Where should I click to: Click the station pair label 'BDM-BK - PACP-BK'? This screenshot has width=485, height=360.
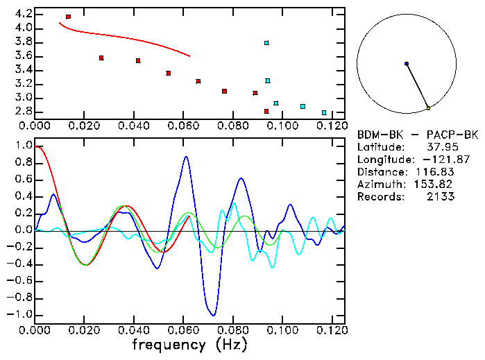tap(411, 135)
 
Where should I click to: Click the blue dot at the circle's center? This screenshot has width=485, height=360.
tap(407, 64)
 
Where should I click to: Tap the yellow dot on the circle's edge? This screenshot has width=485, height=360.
tap(429, 108)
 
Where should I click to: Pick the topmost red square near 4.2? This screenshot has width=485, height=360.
tap(68, 17)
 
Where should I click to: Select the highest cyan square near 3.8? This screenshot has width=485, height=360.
tap(266, 43)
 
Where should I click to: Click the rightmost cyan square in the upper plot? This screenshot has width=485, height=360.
tap(324, 112)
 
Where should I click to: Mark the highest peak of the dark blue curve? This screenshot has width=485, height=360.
tap(186, 157)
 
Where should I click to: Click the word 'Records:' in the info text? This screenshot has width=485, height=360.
tap(379, 197)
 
